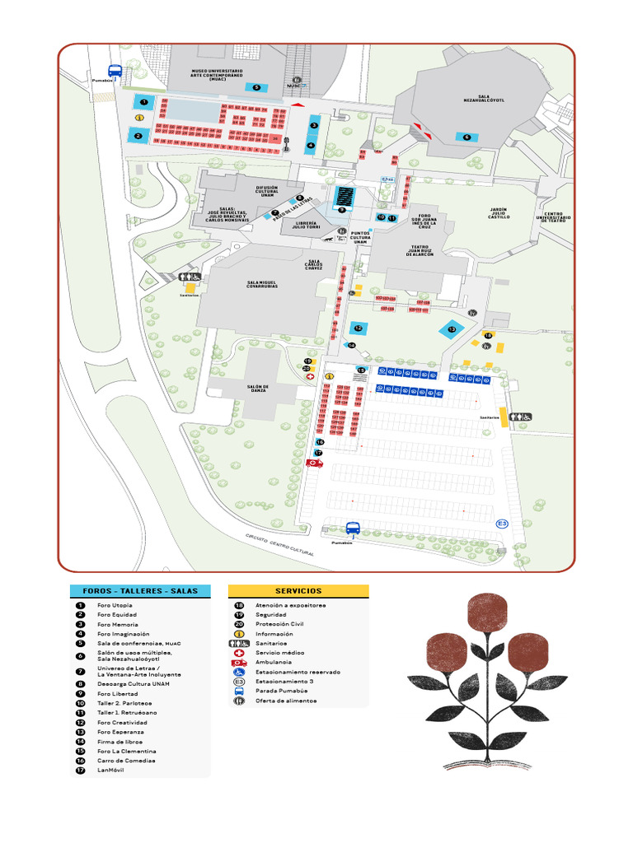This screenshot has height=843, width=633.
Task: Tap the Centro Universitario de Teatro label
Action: pos(556,217)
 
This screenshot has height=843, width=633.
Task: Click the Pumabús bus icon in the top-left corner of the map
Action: pos(115,71)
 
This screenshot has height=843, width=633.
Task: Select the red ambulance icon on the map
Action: pos(313,463)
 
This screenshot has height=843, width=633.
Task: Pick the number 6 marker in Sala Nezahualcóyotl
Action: pos(467,137)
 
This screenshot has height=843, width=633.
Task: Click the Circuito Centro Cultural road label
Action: pos(280,546)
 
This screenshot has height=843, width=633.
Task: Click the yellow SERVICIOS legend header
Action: pos(298,591)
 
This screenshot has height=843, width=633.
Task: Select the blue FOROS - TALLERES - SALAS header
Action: pos(140,591)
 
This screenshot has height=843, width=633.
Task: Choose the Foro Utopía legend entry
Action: pos(115,605)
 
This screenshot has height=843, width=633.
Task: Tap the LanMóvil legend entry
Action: pos(110,771)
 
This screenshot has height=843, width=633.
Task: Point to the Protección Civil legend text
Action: pos(276,624)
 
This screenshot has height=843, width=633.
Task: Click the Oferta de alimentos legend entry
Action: pos(284,701)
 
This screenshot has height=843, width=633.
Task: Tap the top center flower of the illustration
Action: pos(485,610)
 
